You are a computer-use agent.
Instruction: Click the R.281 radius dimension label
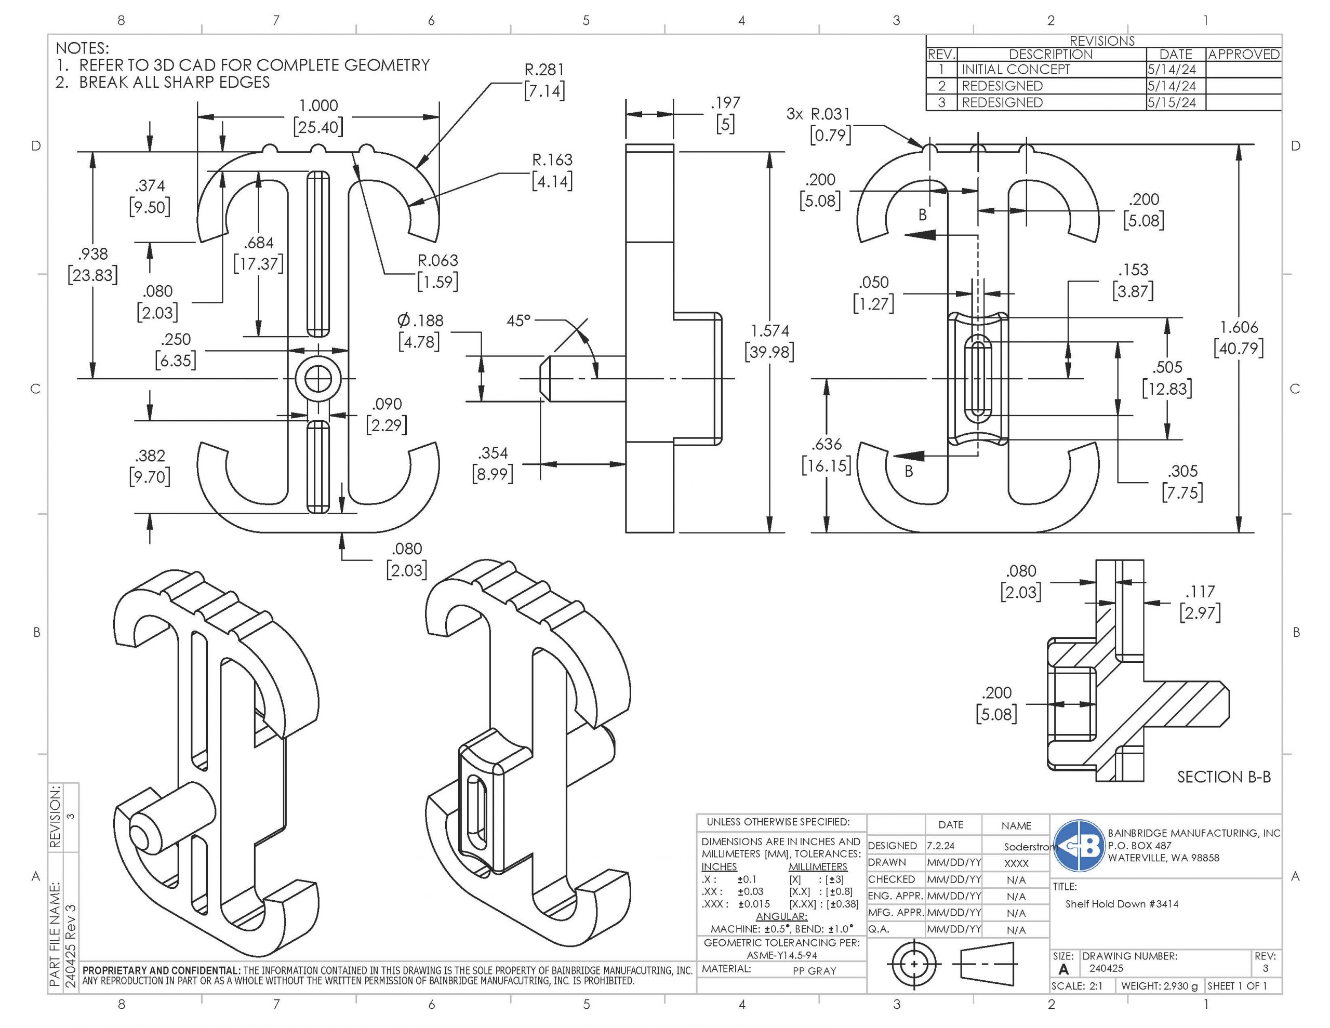coord(544,71)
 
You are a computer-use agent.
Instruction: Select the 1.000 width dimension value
coord(318,106)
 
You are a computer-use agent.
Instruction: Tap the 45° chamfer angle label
coord(518,321)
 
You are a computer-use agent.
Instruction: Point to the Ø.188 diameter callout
coord(420,321)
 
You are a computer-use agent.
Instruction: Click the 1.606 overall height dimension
coord(1238,328)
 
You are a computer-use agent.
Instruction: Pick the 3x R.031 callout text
coord(818,114)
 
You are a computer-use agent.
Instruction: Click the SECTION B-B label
coord(1223,777)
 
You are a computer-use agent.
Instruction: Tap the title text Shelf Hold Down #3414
coord(1122,904)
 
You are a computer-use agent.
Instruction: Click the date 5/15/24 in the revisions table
coord(1171,102)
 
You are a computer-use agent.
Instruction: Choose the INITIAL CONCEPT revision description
coord(1015,70)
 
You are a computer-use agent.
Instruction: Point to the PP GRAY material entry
coord(814,971)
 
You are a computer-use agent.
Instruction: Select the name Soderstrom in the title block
coord(1027,847)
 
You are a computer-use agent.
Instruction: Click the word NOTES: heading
coord(82,48)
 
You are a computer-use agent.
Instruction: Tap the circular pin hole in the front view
coord(318,379)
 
